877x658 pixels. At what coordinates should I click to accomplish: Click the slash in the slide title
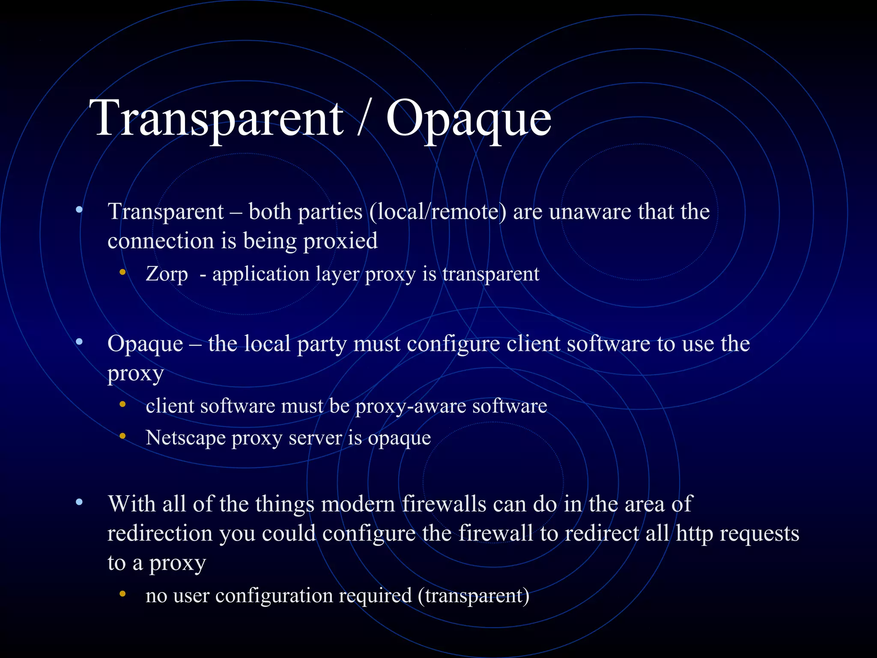(x=364, y=117)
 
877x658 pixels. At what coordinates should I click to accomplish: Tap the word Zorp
(x=167, y=274)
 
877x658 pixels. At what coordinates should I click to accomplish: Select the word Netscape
(x=185, y=438)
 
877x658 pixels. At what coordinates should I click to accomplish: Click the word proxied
(x=340, y=241)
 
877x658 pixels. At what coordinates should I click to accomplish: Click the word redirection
(x=160, y=534)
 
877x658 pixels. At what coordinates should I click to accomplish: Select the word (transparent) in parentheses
(x=474, y=596)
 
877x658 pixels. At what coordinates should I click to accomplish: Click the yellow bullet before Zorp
(x=123, y=272)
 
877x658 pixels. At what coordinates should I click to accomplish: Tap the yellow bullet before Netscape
(x=123, y=437)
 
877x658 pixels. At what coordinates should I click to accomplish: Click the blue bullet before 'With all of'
(x=79, y=502)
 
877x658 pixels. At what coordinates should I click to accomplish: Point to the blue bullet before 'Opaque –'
(x=79, y=342)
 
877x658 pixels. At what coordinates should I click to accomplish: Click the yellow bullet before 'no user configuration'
(x=123, y=594)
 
